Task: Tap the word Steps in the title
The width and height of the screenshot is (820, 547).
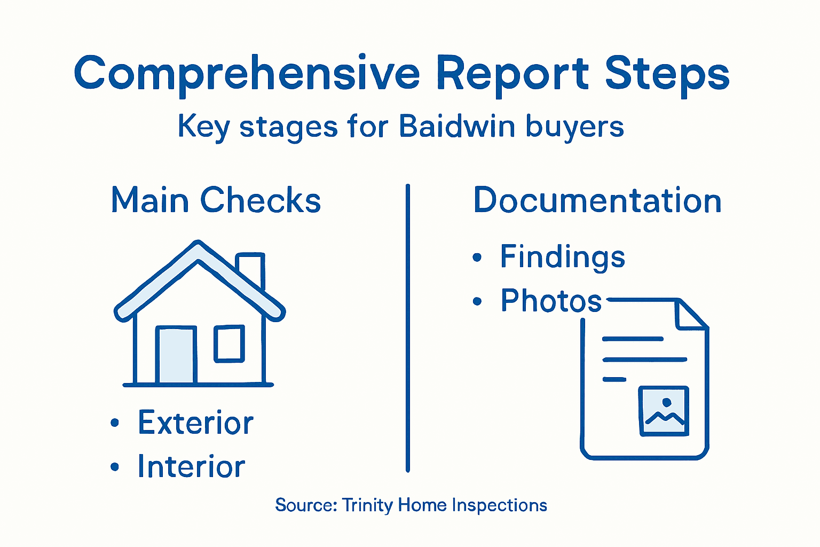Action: click(667, 74)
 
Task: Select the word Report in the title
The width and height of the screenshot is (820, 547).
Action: click(512, 74)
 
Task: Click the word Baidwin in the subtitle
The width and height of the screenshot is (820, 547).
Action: click(457, 127)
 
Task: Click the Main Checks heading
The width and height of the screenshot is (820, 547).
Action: click(216, 200)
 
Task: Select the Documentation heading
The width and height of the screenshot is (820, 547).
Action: click(597, 200)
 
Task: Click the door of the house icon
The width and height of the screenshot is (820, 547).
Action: click(176, 355)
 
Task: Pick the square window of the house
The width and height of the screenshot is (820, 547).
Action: click(230, 343)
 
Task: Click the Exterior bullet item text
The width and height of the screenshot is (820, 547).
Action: click(195, 423)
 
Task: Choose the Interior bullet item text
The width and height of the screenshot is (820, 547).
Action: click(191, 466)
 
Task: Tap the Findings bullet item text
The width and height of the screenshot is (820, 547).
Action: click(562, 257)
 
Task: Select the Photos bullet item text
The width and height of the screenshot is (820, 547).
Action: click(551, 301)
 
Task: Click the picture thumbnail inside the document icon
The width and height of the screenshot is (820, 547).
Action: click(664, 411)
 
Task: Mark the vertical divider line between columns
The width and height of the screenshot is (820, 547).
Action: click(408, 329)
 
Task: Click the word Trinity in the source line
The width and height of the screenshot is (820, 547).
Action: click(367, 505)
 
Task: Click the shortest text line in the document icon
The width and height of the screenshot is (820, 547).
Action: click(614, 379)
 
